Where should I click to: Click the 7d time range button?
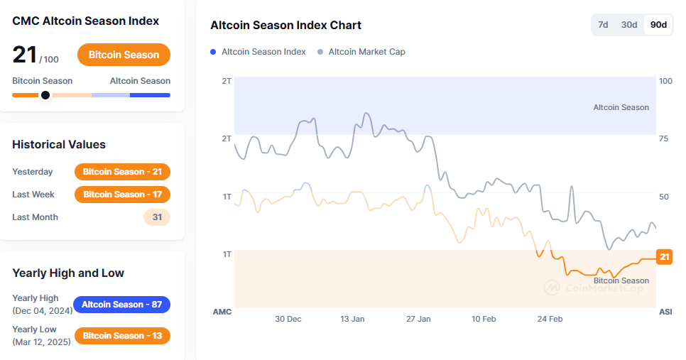pos(603,25)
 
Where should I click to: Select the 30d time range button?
pos(629,25)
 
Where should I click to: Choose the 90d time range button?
pos(658,25)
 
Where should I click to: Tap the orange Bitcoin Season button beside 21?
pos(124,55)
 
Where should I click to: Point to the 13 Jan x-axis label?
pos(352,319)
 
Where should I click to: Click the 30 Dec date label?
pos(288,319)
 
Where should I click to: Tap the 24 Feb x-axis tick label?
pos(550,319)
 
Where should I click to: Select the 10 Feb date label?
pos(484,319)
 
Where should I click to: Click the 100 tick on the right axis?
pos(665,81)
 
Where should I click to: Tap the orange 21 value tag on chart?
pos(664,257)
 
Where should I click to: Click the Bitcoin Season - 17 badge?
pos(122,194)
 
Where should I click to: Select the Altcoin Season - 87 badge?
pos(121,305)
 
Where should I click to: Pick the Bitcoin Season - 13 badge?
pos(122,335)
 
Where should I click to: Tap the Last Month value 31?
pos(156,217)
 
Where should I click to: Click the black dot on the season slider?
pos(45,95)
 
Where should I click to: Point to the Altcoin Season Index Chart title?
pos(285,26)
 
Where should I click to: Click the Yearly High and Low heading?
pos(68,273)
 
